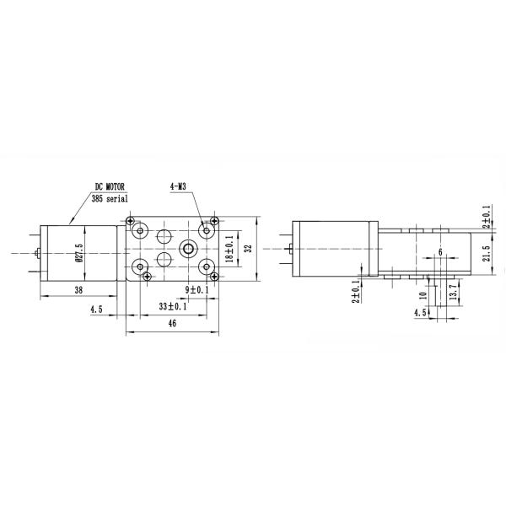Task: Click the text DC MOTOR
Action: [110, 186]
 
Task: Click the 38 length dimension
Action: [78, 289]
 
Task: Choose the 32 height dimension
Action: [247, 249]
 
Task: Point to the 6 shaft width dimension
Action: [440, 252]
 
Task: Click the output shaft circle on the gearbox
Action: [186, 248]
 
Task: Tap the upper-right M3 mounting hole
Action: [205, 230]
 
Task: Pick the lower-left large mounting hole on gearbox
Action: [141, 266]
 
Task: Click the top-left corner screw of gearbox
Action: [131, 221]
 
